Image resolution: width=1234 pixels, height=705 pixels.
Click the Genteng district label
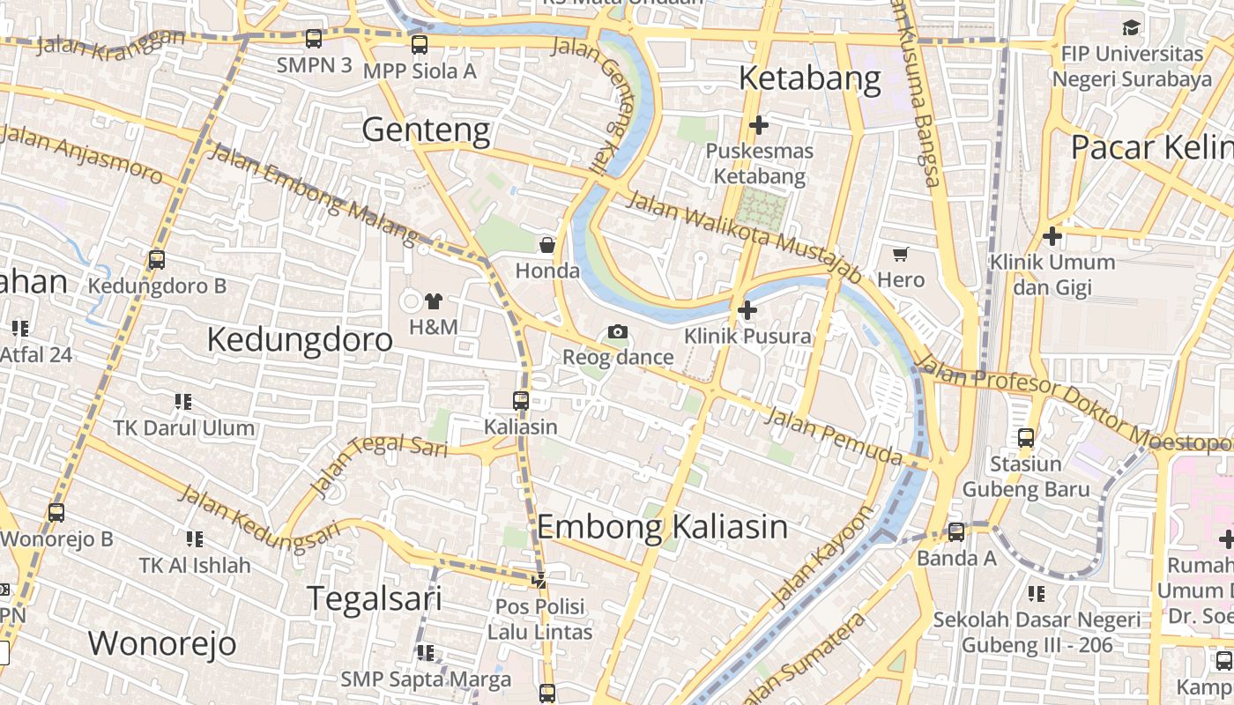pos(426,130)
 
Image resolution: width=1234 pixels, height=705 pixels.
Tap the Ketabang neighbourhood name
pos(809,79)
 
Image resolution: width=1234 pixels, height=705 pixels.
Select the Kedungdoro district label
pos(300,340)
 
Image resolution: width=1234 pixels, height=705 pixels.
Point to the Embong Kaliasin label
pos(662,527)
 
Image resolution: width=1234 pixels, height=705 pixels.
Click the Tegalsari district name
pos(375,598)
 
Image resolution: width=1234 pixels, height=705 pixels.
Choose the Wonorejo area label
pos(162,643)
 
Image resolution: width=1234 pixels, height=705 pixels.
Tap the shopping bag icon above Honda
pos(547,245)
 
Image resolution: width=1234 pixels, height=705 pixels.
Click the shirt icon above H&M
pos(433,301)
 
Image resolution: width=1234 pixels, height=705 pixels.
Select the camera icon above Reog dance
pos(618,332)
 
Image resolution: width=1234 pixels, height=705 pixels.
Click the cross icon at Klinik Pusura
pos(747,310)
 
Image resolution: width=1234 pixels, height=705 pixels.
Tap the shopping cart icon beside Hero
pos(900,255)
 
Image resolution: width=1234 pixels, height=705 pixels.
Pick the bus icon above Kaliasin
pos(521,401)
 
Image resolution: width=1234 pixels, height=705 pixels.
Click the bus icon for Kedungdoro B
pos(157,260)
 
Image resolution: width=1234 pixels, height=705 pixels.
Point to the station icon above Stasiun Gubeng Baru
pos(1026,438)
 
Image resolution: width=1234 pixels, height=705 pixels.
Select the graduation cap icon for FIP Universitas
pos(1132,28)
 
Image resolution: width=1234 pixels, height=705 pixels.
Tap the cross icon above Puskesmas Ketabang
pos(758,125)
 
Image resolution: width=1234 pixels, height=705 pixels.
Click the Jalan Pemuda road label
pos(833,435)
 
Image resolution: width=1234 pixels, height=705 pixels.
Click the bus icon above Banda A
pos(956,532)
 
